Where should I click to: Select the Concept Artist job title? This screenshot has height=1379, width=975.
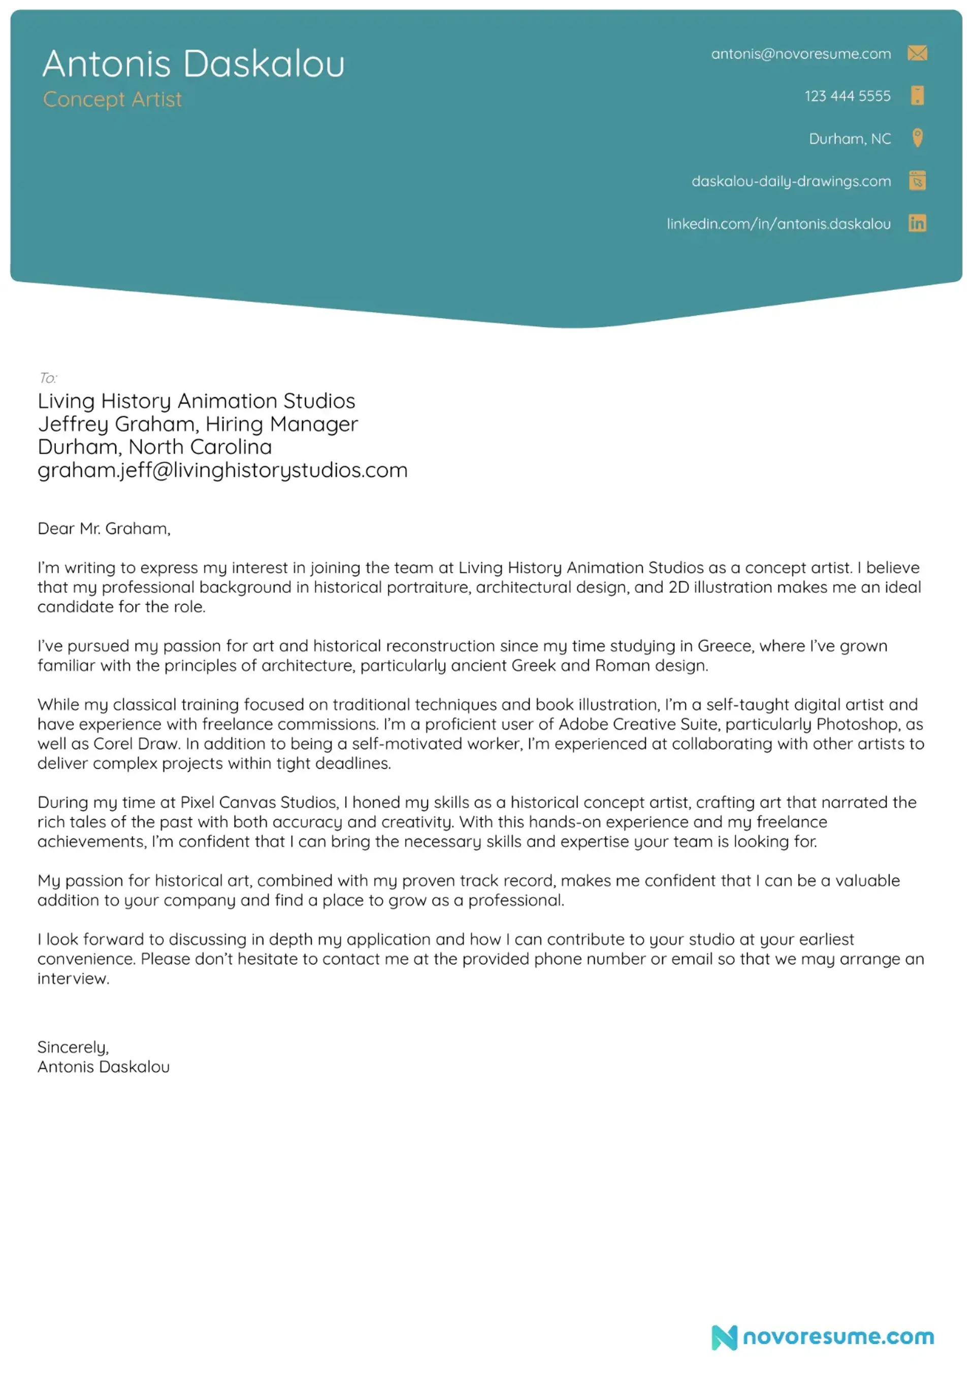point(112,99)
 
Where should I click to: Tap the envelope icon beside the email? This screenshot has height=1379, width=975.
point(917,53)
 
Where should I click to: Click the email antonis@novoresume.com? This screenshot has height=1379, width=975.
point(800,54)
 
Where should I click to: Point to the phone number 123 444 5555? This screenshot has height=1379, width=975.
point(847,96)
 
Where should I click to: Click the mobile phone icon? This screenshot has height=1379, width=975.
point(917,95)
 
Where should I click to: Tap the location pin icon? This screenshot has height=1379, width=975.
point(917,138)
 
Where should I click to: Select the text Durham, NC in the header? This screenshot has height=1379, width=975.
point(850,139)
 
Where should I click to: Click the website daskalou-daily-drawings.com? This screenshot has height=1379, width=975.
point(791,181)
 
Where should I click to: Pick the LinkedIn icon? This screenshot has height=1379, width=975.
point(917,223)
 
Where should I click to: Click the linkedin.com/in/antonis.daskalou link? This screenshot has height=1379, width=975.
point(778,224)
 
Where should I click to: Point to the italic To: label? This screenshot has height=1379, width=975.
point(47,378)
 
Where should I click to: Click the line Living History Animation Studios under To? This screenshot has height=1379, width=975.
point(197,401)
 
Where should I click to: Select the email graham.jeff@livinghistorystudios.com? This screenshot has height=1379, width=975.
point(222,470)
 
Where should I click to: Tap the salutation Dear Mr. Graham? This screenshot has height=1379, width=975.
point(104,529)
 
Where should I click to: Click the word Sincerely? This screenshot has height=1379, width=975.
point(72,1047)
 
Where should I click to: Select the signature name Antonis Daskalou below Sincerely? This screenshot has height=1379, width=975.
point(103,1067)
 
